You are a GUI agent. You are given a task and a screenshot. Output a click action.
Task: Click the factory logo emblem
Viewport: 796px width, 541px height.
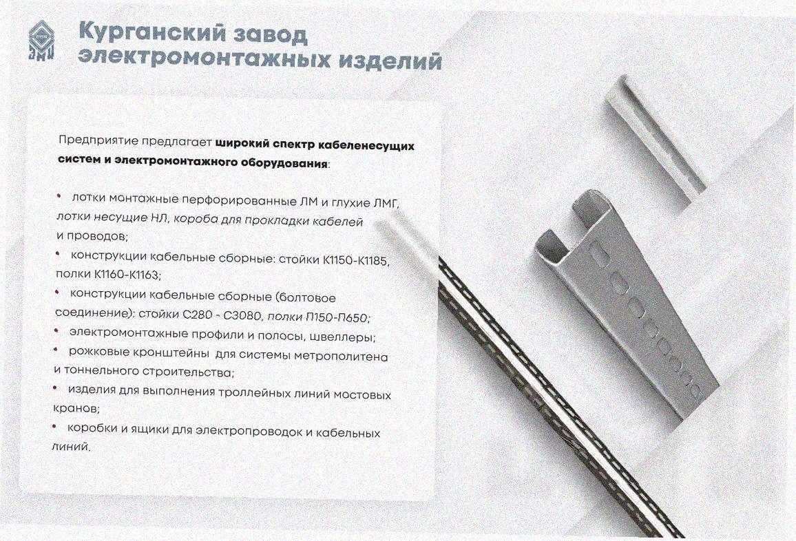41,41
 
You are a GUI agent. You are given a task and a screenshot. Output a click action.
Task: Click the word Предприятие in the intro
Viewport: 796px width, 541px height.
98,140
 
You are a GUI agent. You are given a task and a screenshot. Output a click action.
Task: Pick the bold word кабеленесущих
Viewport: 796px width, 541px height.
366,146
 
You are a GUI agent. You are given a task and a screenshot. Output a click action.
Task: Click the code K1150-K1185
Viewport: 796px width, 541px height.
355,261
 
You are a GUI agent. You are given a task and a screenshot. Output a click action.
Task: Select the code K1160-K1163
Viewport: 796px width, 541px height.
127,275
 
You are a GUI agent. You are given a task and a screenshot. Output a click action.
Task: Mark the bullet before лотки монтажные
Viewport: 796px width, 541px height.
59,196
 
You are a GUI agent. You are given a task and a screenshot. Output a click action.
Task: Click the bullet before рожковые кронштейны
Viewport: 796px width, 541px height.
56,350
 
